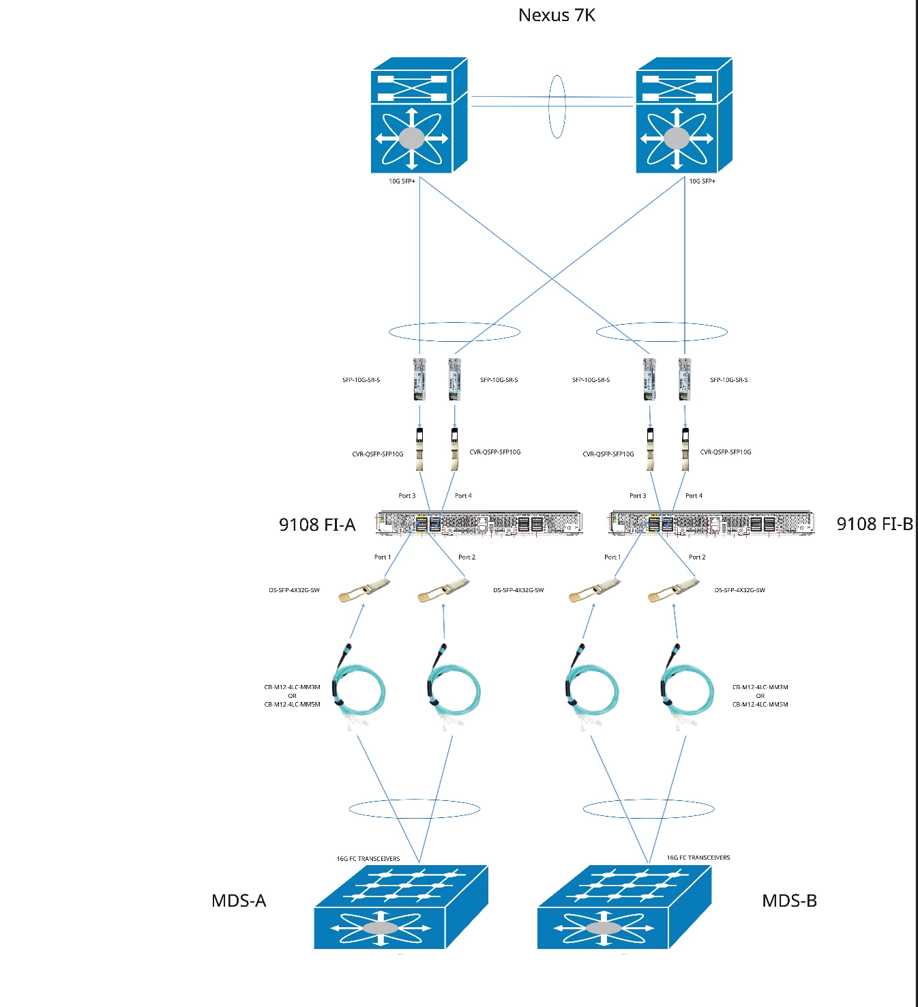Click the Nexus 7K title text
[x=557, y=16]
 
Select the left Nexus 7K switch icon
[x=419, y=115]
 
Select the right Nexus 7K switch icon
[x=684, y=115]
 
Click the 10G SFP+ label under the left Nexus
[x=402, y=181]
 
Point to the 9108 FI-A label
[x=317, y=525]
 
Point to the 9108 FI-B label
[x=875, y=524]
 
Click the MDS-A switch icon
[x=401, y=907]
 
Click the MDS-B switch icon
[x=624, y=907]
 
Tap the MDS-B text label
[x=790, y=901]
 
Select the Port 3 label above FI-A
[x=407, y=495]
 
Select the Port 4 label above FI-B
[x=694, y=495]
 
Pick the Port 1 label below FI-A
[x=383, y=557]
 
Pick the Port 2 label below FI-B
[x=697, y=557]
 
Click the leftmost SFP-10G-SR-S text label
[x=361, y=380]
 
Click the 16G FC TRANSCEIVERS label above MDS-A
[x=368, y=859]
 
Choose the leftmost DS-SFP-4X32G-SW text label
[x=294, y=590]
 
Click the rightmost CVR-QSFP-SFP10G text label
[x=726, y=452]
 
